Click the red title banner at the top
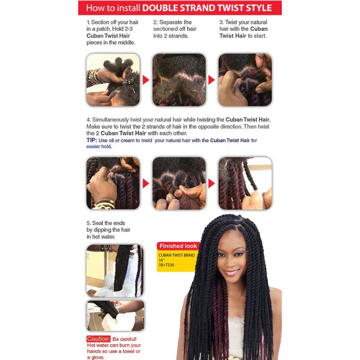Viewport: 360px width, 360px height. pyautogui.click(x=180, y=8)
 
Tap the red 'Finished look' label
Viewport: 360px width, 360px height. pyautogui.click(x=178, y=246)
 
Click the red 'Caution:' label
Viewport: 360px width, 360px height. pyautogui.click(x=99, y=339)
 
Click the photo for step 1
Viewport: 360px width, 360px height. pyautogui.click(x=113, y=80)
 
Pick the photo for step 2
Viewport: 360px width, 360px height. pyautogui.click(x=179, y=80)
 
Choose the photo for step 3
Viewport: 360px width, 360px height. pyautogui.click(x=245, y=80)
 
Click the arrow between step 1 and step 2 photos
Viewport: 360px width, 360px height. pyautogui.click(x=146, y=80)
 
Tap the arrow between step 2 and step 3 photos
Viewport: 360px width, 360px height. pyautogui.click(x=211, y=80)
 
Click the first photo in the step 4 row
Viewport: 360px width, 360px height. pyautogui.click(x=113, y=183)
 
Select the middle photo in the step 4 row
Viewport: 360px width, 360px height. pyautogui.click(x=179, y=183)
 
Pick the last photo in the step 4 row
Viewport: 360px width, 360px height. pyautogui.click(x=245, y=183)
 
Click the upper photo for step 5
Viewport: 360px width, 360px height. pyautogui.click(x=114, y=270)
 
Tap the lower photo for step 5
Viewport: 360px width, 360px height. pyautogui.click(x=115, y=315)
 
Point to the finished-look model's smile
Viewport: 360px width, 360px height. pyautogui.click(x=231, y=271)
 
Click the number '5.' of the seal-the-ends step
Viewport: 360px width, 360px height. pyautogui.click(x=89, y=223)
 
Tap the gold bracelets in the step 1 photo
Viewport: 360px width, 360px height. pyautogui.click(x=95, y=77)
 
